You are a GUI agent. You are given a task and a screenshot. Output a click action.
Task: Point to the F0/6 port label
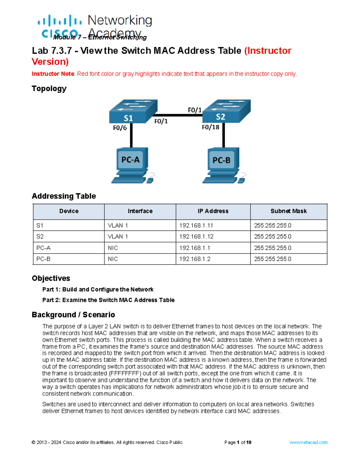[x=120, y=128]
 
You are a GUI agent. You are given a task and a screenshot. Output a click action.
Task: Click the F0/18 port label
[x=210, y=127]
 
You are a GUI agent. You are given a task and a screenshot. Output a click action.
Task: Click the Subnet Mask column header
[x=288, y=211]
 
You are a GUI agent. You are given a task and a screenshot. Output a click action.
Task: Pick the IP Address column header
[x=213, y=211]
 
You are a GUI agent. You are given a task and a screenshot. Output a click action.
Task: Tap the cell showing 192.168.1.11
[x=196, y=225]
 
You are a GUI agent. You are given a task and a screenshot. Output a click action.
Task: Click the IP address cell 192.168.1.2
[x=195, y=259]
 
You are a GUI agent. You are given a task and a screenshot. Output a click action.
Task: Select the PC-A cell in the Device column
[x=43, y=248]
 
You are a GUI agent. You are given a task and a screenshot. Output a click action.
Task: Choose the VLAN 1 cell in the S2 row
[x=118, y=236]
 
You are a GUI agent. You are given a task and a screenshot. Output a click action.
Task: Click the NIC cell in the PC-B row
[x=113, y=259]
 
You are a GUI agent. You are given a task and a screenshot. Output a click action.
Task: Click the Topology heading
[x=49, y=89]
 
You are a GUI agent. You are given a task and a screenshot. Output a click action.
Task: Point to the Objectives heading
[x=51, y=278]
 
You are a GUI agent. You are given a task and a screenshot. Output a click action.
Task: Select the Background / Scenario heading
[x=73, y=315]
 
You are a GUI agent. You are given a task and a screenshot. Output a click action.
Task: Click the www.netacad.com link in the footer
[x=308, y=442]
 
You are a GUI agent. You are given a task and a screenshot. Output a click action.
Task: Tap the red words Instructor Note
[x=53, y=74]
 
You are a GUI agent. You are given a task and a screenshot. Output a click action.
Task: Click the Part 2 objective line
[x=108, y=300]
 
